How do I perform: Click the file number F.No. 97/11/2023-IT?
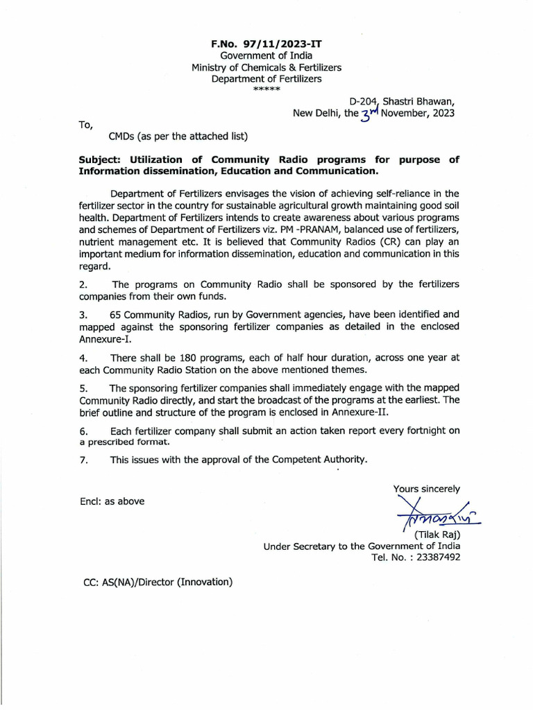(266, 44)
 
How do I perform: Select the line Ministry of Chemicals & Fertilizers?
(266, 67)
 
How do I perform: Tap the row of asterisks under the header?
(266, 90)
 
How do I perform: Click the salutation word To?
(85, 125)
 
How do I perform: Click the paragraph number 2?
(83, 285)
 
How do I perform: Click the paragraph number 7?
(83, 459)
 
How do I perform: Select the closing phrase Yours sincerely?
(426, 489)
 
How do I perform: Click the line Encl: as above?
(112, 501)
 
